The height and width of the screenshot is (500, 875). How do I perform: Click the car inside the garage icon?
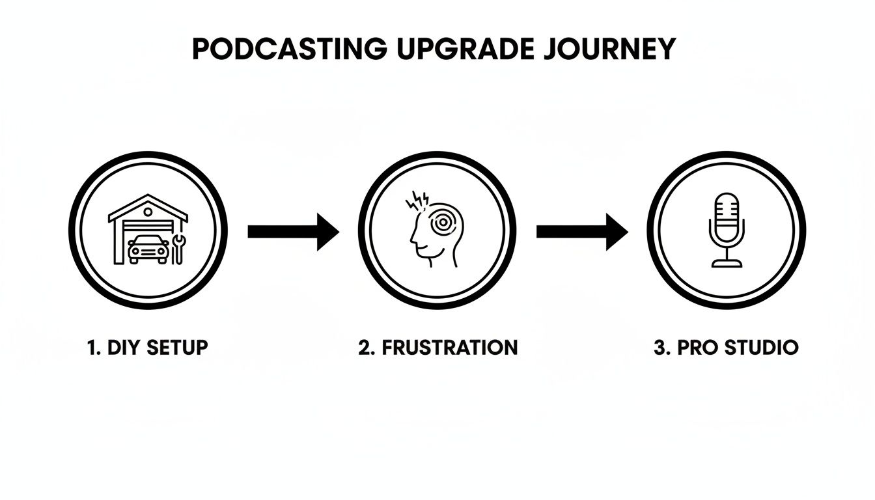146,250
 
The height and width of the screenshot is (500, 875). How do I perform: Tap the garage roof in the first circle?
148,207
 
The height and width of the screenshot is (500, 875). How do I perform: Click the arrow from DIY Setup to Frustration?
293,231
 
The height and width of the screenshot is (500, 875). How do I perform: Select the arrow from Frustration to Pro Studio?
581,231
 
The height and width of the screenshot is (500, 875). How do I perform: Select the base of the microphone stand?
726,263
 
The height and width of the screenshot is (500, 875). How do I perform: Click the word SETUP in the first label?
177,347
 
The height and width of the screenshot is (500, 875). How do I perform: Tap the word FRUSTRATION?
450,347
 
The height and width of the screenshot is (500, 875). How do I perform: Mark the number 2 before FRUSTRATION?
364,347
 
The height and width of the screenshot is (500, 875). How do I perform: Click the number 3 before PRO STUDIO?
660,347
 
